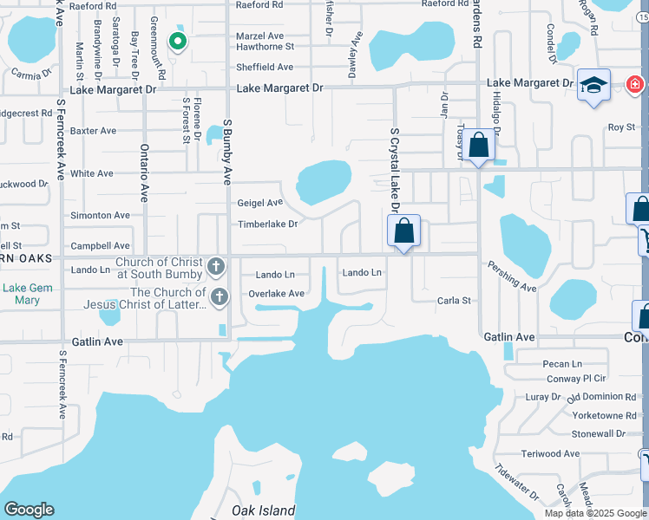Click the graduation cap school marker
click(x=593, y=86)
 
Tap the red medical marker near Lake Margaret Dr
click(x=635, y=84)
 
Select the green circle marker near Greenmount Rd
click(x=177, y=40)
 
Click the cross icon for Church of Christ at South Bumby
click(x=217, y=267)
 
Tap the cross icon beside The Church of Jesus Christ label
click(x=219, y=297)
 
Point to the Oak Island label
click(x=263, y=510)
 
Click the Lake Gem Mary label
click(x=27, y=294)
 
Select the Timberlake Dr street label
click(x=268, y=224)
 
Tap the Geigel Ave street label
click(x=260, y=203)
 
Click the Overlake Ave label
click(x=276, y=294)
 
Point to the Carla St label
click(x=454, y=301)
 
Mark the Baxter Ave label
click(x=94, y=131)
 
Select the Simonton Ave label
click(x=100, y=215)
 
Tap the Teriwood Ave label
click(x=550, y=453)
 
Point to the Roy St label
click(x=620, y=127)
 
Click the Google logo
click(x=29, y=510)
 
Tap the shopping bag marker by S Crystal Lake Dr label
click(x=403, y=231)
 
